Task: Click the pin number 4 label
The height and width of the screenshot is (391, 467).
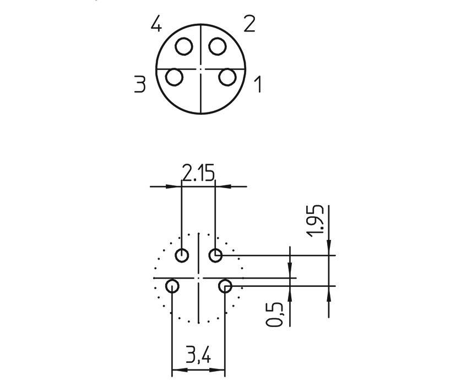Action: (x=157, y=25)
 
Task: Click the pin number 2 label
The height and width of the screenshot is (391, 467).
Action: (x=249, y=24)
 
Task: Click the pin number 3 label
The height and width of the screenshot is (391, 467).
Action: (x=140, y=84)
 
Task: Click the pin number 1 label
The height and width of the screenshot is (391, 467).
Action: (x=257, y=85)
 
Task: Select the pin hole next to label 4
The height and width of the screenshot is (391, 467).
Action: (x=184, y=46)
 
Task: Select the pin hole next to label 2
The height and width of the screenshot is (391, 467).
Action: (x=218, y=46)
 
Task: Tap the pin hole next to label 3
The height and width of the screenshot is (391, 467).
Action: (x=174, y=77)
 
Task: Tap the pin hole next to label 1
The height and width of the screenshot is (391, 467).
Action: (x=227, y=77)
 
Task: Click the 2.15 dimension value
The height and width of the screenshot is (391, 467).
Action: (x=198, y=174)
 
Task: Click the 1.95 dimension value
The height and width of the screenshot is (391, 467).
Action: (x=317, y=221)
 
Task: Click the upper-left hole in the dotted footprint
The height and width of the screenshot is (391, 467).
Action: (x=182, y=255)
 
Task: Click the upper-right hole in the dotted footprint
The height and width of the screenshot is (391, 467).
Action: (x=215, y=255)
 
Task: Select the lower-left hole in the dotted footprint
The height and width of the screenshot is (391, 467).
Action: (x=172, y=286)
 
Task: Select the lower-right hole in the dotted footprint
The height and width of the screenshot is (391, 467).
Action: (x=225, y=286)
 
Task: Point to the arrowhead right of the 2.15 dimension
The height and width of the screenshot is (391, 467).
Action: (x=220, y=186)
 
